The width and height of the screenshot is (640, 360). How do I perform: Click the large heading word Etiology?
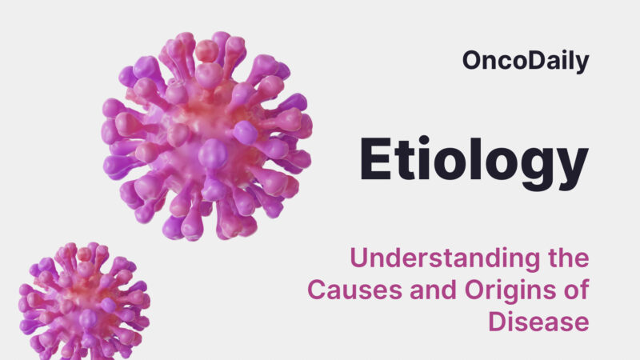pyautogui.click(x=472, y=160)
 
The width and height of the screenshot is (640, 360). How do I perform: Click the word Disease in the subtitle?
pyautogui.click(x=538, y=322)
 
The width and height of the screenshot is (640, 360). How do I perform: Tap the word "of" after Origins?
pyautogui.click(x=577, y=291)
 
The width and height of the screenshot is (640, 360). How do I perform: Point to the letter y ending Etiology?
pyautogui.click(x=570, y=165)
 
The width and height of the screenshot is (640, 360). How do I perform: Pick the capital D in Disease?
pyautogui.click(x=495, y=322)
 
